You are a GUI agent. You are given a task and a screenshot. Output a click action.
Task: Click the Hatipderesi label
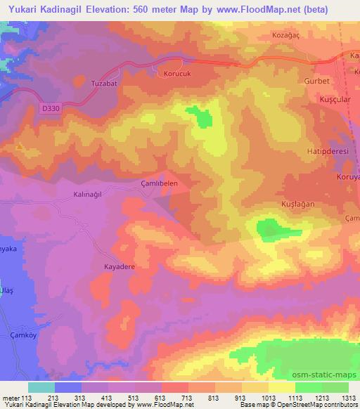pos(330,150)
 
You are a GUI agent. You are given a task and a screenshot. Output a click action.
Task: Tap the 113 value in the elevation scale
pos(27,398)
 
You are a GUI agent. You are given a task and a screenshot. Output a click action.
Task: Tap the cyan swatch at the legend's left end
pos(41,387)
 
